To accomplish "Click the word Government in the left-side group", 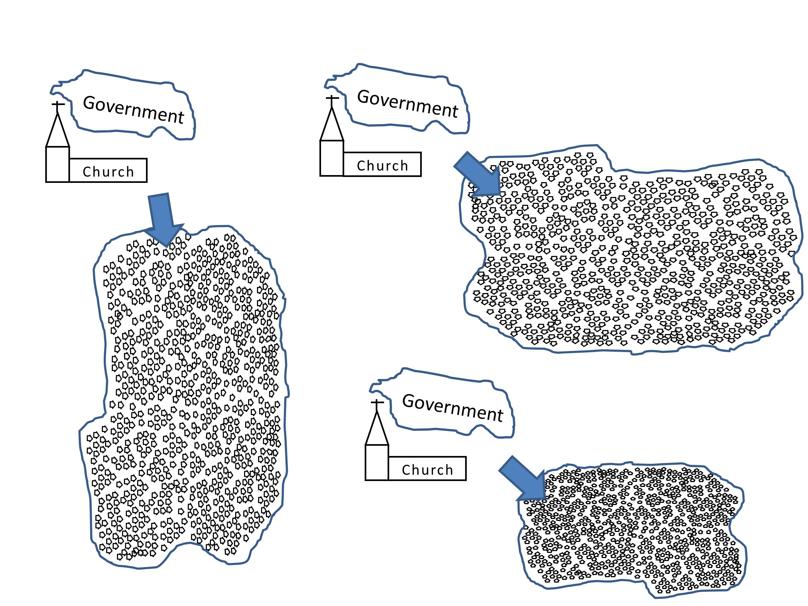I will [x=134, y=109].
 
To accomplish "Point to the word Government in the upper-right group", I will [x=407, y=103].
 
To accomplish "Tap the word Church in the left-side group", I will [x=108, y=172].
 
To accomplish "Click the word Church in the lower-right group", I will [x=427, y=470].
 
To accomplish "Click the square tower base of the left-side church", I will [x=57, y=164].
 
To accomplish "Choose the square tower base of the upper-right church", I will [x=332, y=158].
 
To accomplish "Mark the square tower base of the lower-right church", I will [x=377, y=462].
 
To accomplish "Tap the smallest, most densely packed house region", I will [x=628, y=530].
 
